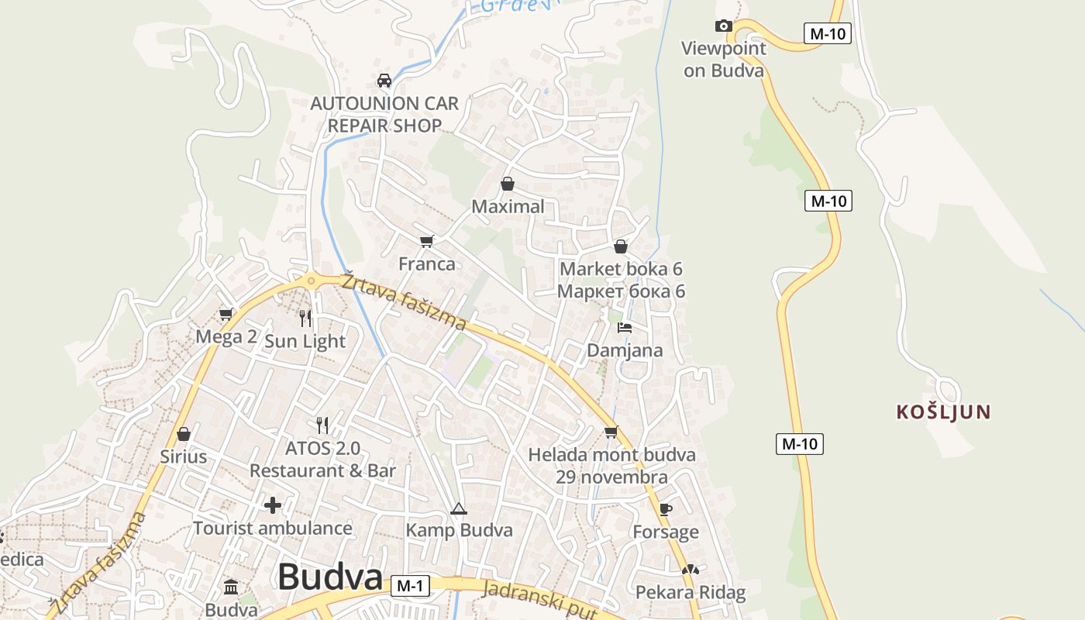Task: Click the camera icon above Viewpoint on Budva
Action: pyautogui.click(x=723, y=26)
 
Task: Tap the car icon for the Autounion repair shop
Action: pyautogui.click(x=384, y=81)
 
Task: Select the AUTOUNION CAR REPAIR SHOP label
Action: pyautogui.click(x=384, y=114)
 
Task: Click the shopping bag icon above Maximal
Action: pyautogui.click(x=508, y=184)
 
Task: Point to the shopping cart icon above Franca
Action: pyautogui.click(x=426, y=241)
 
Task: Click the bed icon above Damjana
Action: pyautogui.click(x=624, y=328)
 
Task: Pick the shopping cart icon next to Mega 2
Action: pyautogui.click(x=226, y=314)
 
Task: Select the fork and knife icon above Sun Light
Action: pyautogui.click(x=305, y=318)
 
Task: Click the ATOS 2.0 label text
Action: pyautogui.click(x=322, y=448)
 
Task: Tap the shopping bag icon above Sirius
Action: pyautogui.click(x=184, y=434)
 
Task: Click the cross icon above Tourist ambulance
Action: pyautogui.click(x=273, y=505)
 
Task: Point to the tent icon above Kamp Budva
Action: pyautogui.click(x=459, y=509)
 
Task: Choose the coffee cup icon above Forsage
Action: pyautogui.click(x=665, y=509)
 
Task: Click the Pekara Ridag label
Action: pyautogui.click(x=690, y=593)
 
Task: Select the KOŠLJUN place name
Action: pyautogui.click(x=943, y=412)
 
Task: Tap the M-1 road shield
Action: pyautogui.click(x=409, y=587)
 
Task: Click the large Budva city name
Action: pyautogui.click(x=330, y=577)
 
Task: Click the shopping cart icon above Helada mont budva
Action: pyautogui.click(x=611, y=432)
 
